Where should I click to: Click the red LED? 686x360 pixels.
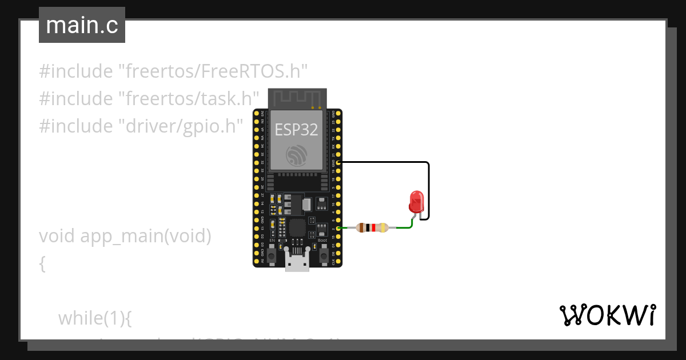[416, 201]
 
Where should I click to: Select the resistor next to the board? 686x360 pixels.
[372, 228]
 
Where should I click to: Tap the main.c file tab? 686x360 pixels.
[82, 26]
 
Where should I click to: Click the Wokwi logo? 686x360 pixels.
[607, 315]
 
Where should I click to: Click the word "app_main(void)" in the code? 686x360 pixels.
[146, 236]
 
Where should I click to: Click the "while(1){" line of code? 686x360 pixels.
[95, 318]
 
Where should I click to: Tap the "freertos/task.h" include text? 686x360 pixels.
[189, 98]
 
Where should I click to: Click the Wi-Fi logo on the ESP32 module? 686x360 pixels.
[297, 154]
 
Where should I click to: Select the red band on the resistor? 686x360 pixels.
[373, 228]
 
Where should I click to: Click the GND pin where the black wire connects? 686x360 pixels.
[339, 163]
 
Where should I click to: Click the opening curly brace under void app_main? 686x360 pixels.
[42, 263]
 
